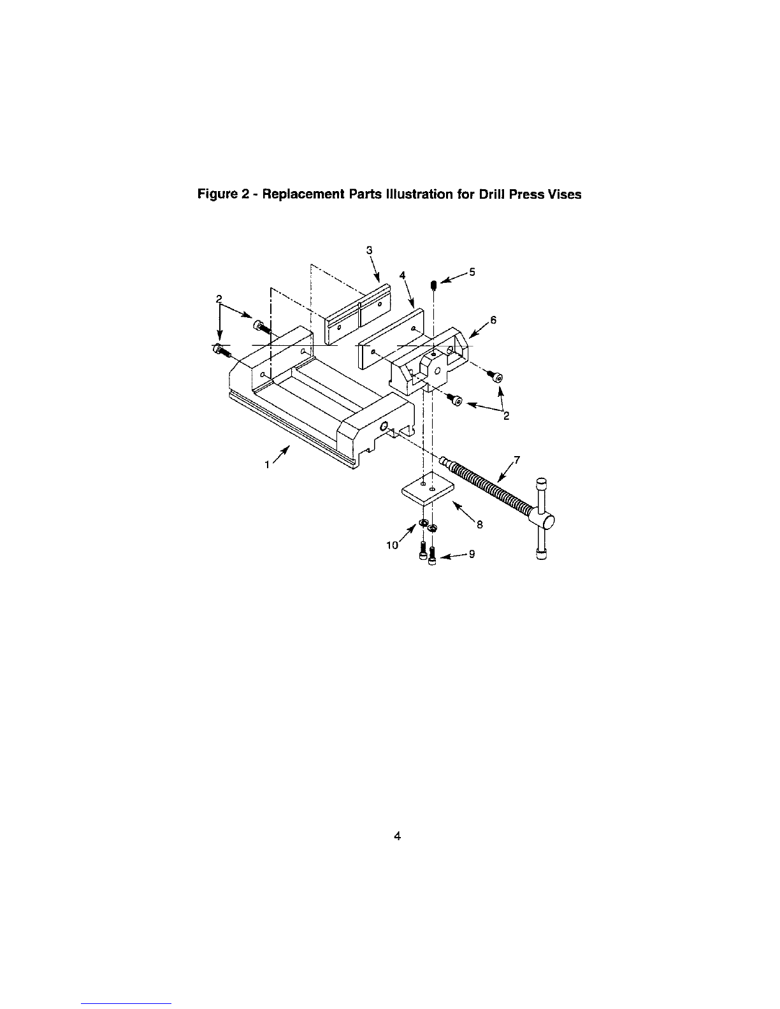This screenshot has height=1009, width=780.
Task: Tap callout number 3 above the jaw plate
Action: (x=369, y=250)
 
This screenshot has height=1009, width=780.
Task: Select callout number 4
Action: (x=402, y=275)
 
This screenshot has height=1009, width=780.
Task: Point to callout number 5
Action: (x=472, y=272)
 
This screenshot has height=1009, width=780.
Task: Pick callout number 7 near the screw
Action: (x=517, y=459)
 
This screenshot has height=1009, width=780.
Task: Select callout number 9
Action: (x=472, y=554)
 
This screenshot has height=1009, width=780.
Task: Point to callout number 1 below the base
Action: (x=267, y=465)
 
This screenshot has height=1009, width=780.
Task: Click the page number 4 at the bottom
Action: (x=397, y=836)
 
